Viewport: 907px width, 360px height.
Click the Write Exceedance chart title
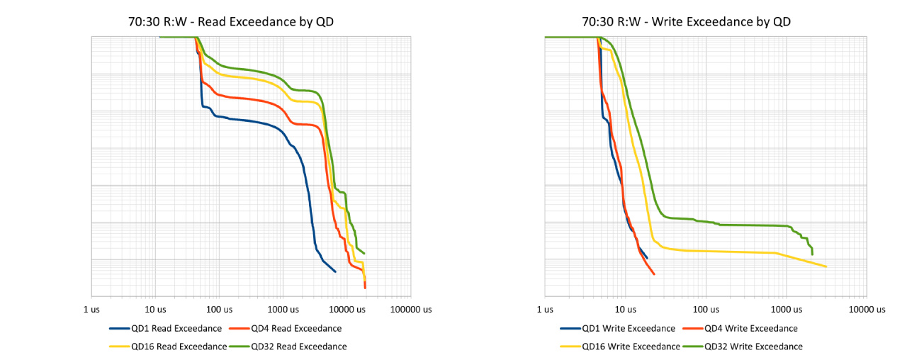[686, 22]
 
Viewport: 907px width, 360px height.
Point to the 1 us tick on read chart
[92, 310]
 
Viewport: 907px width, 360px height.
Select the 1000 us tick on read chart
[282, 310]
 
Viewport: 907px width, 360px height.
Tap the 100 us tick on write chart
[705, 310]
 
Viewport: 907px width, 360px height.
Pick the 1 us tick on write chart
[545, 310]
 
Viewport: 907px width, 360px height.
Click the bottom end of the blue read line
[335, 271]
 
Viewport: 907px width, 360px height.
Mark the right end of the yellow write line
[826, 266]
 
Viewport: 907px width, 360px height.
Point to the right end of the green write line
[812, 254]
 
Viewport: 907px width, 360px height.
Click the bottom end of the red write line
[653, 274]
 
